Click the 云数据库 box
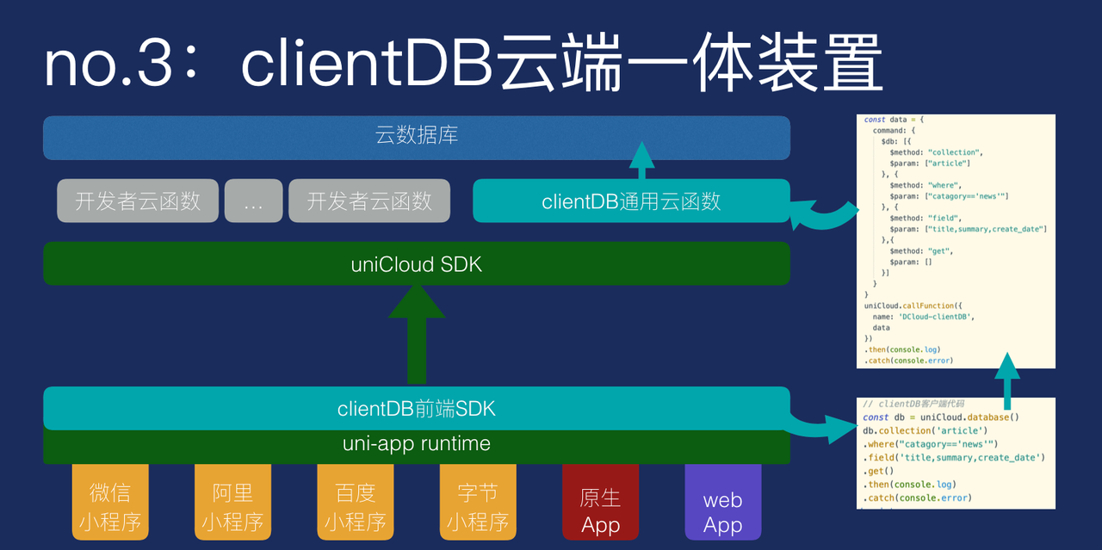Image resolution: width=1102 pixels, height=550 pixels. [x=417, y=137]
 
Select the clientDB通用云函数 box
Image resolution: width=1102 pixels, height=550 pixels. [x=631, y=201]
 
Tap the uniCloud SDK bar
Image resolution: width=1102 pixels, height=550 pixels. [x=417, y=263]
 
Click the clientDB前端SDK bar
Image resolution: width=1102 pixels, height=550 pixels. [x=417, y=409]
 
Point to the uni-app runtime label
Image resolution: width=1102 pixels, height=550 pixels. [x=417, y=444]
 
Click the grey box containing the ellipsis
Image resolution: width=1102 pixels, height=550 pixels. [x=253, y=201]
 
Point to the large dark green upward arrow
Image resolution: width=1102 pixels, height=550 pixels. [x=417, y=336]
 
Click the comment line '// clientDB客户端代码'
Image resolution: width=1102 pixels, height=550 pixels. [x=914, y=405]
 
